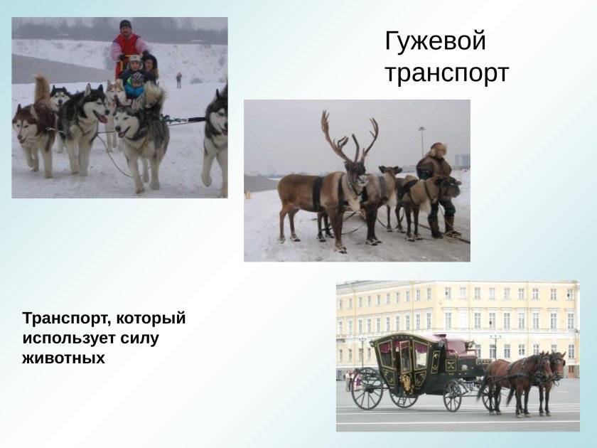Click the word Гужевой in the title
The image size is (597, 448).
435,42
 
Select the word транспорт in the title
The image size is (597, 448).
446,73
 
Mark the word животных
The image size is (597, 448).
63,358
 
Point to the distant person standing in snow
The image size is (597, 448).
178,80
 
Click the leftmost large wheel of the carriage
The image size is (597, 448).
367,388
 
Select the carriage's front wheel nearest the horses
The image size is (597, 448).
453,395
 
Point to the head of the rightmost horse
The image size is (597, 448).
559,364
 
